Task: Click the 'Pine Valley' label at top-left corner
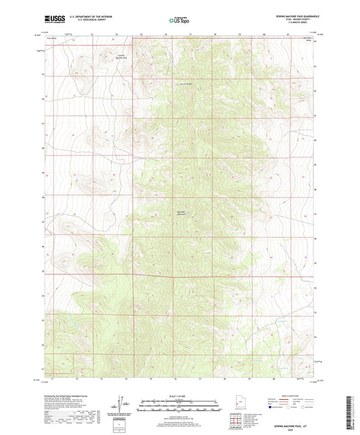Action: [51, 42]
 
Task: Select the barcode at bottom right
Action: [351, 412]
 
